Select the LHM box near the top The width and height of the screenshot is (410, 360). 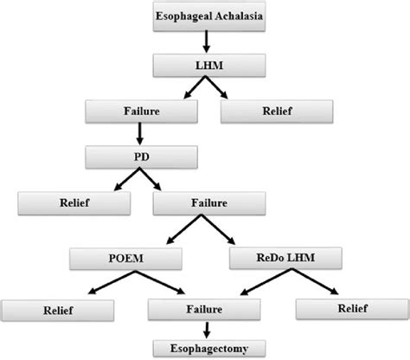205,65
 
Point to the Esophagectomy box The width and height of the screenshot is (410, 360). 205,347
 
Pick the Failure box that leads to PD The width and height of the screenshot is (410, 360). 140,111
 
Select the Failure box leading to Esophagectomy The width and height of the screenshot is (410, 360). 205,307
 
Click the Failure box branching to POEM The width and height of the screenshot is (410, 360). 205,205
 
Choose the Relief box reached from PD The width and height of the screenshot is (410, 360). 74,205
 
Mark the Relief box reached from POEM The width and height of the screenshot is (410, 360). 55,307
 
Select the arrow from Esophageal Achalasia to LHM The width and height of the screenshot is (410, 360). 205,42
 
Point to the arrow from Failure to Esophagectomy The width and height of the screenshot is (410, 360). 205,329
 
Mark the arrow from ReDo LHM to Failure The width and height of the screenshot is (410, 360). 251,283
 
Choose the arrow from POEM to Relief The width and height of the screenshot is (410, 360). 95,283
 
